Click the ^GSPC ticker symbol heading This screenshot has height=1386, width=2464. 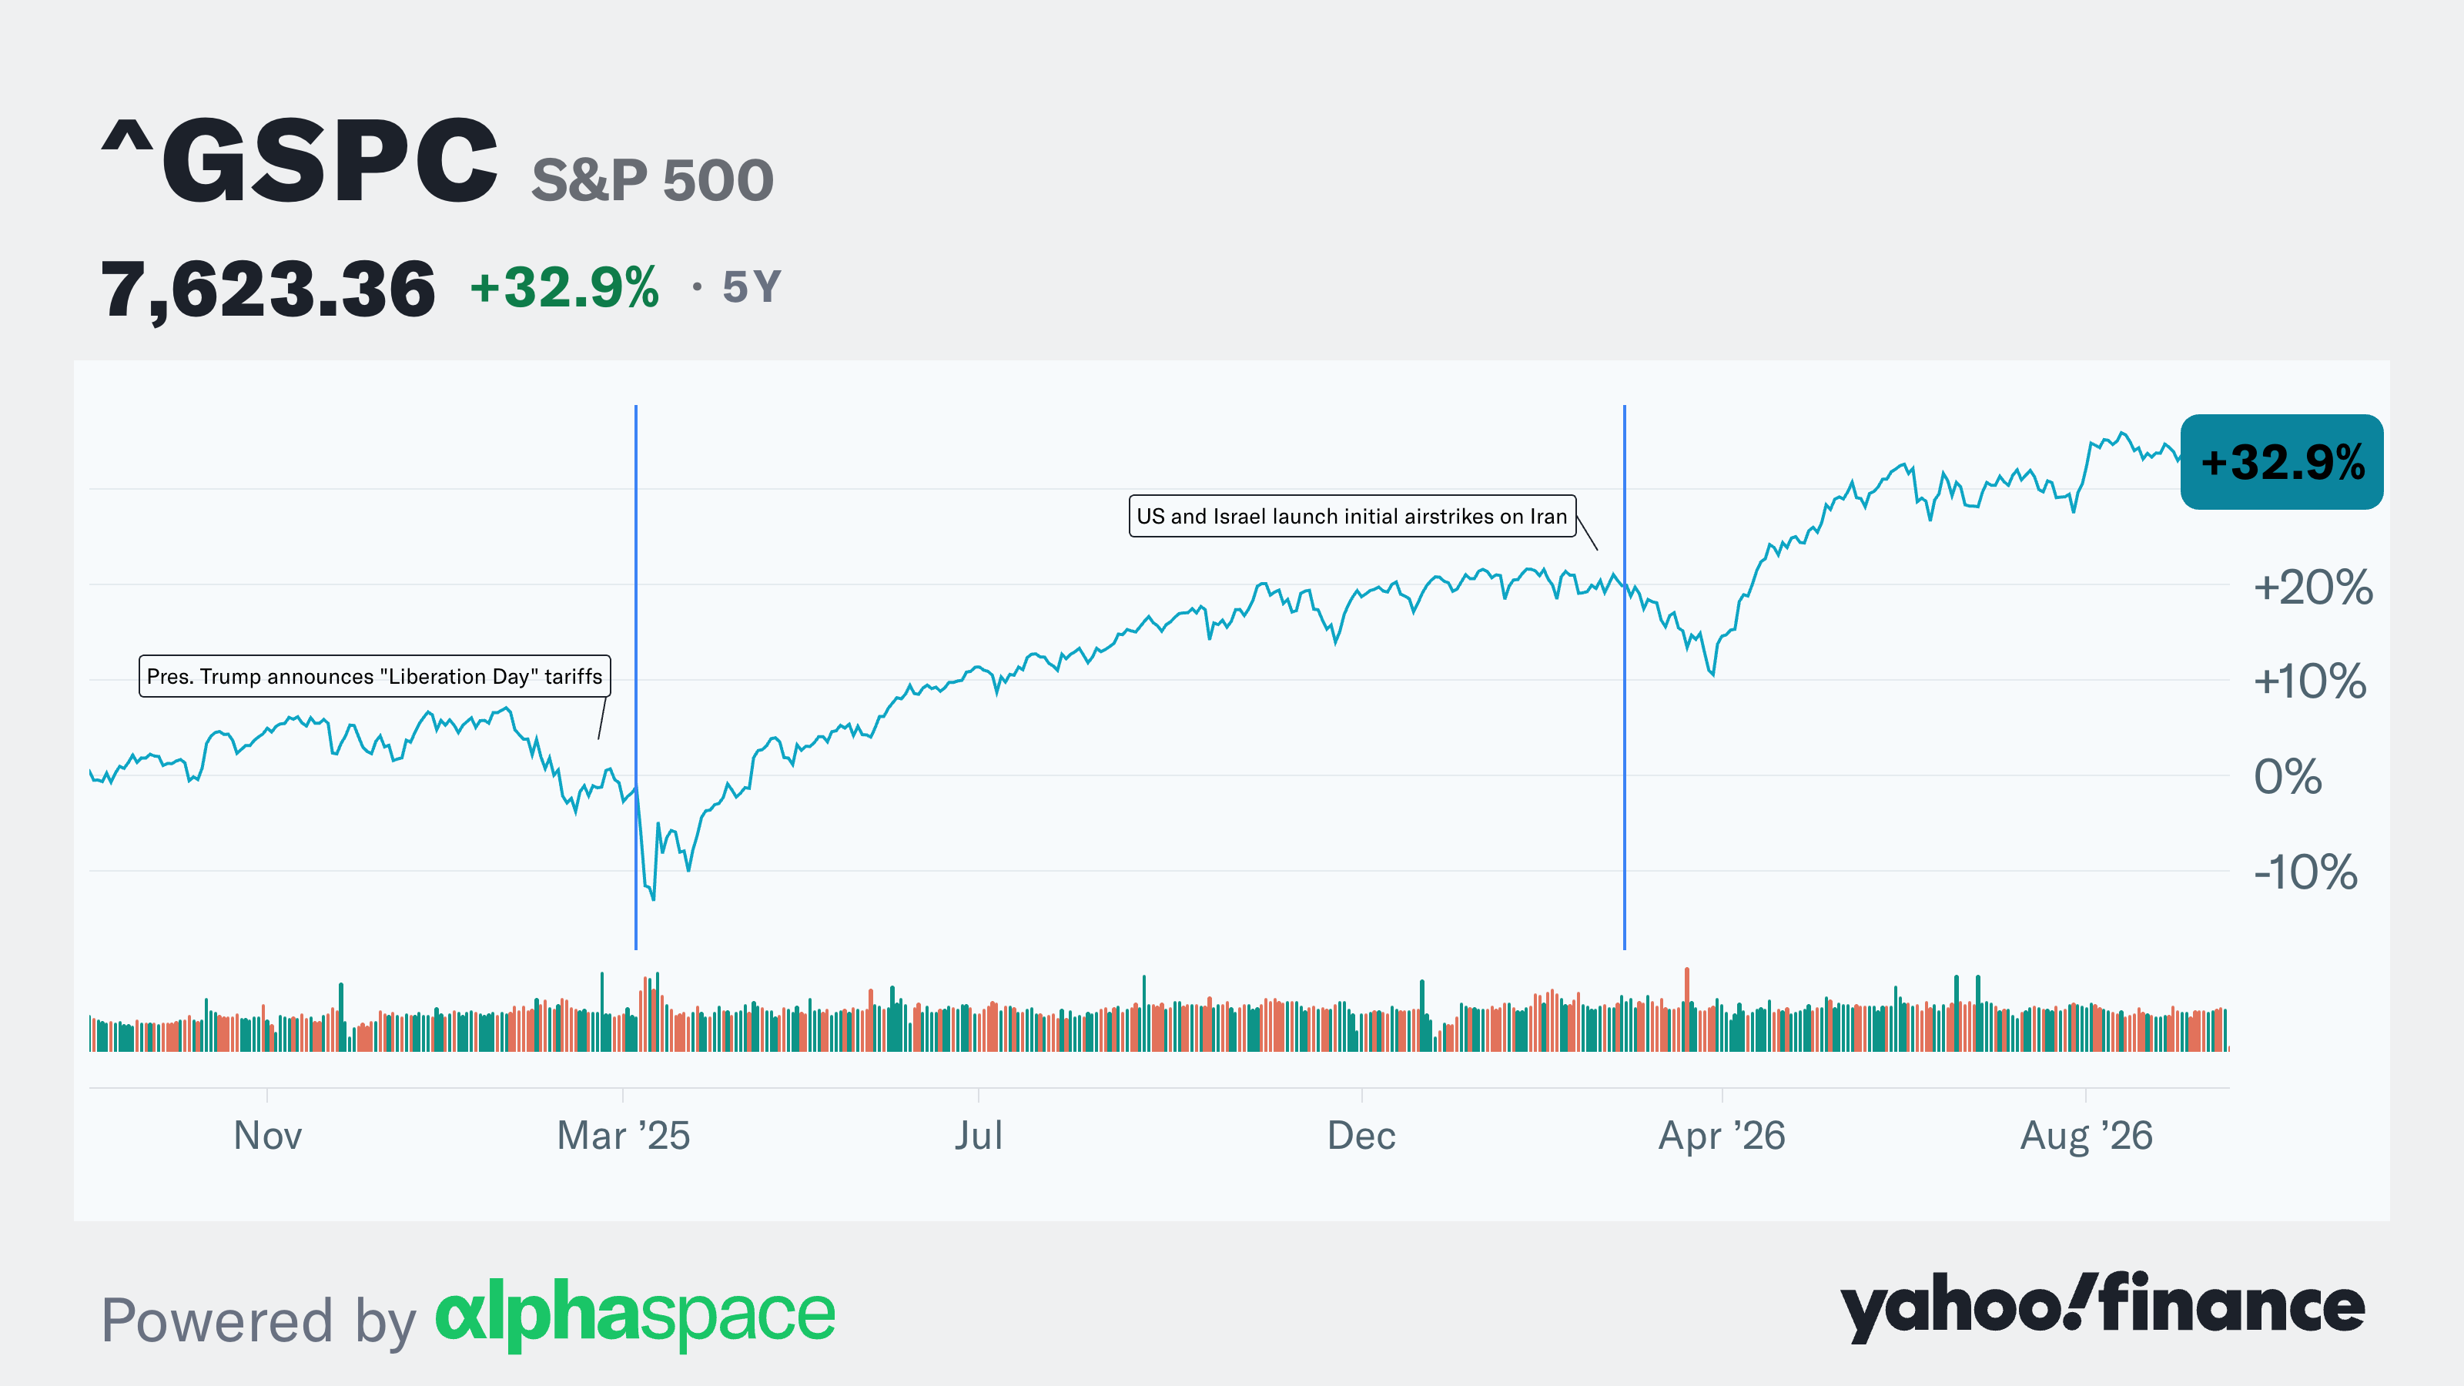pyautogui.click(x=300, y=159)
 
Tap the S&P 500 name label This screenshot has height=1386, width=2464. pyautogui.click(x=652, y=180)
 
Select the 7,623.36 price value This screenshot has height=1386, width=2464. pyautogui.click(x=268, y=289)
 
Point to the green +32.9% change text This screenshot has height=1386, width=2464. pyautogui.click(x=564, y=287)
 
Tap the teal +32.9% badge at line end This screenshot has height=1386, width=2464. pyautogui.click(x=2282, y=462)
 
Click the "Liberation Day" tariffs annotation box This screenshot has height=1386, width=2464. pyautogui.click(x=375, y=676)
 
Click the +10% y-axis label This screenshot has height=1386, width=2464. pyautogui.click(x=2310, y=682)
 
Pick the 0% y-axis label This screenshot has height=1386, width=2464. pyautogui.click(x=2288, y=777)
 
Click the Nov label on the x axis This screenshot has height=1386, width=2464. pyautogui.click(x=268, y=1137)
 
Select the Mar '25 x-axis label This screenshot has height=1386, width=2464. pyautogui.click(x=624, y=1137)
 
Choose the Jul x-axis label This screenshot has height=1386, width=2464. pyautogui.click(x=979, y=1137)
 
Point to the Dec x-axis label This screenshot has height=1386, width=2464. pyautogui.click(x=1361, y=1137)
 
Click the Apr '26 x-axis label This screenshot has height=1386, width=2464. pyautogui.click(x=1722, y=1137)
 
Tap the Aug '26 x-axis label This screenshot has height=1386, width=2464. pyautogui.click(x=2086, y=1137)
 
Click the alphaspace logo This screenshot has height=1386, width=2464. pyautogui.click(x=635, y=1314)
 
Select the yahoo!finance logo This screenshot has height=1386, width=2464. pyautogui.click(x=2102, y=1307)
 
